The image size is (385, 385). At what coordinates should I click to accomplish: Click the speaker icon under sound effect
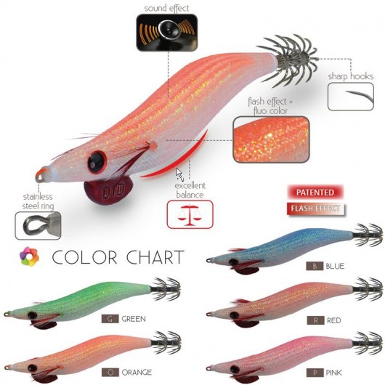(167, 33)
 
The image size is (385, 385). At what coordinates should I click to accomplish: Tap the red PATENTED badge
(315, 192)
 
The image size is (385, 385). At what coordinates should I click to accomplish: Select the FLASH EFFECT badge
(315, 208)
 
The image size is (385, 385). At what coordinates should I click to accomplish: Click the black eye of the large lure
(97, 162)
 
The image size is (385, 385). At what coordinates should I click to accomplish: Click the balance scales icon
(190, 214)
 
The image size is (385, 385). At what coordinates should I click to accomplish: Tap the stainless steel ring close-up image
(38, 226)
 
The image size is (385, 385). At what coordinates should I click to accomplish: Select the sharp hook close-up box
(351, 97)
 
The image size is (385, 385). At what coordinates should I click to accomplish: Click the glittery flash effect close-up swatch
(271, 139)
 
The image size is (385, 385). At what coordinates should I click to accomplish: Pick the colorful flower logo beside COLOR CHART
(29, 256)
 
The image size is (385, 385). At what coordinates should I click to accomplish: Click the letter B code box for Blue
(315, 266)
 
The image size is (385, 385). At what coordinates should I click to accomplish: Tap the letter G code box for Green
(110, 319)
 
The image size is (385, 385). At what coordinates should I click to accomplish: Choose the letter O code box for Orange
(110, 373)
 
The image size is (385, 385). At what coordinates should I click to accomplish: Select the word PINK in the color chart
(333, 373)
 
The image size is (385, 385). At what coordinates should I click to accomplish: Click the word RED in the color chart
(334, 320)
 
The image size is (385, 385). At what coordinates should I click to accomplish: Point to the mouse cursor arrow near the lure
(179, 174)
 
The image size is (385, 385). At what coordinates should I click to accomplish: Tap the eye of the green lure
(32, 315)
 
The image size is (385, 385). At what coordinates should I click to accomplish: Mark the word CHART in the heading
(155, 257)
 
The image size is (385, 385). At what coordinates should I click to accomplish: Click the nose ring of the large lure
(41, 174)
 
